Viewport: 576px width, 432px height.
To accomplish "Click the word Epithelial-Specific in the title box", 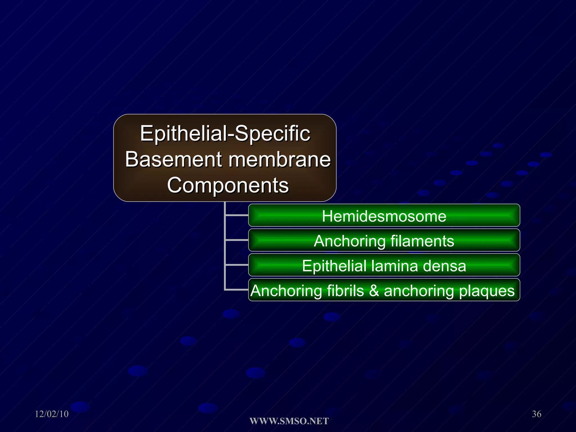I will [x=225, y=134].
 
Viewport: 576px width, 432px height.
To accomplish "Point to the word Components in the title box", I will [x=228, y=185].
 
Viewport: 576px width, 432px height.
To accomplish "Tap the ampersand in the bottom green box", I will [x=374, y=291].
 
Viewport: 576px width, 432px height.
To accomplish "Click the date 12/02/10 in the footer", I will [x=52, y=414].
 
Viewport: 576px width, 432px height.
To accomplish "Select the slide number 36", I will [x=536, y=414].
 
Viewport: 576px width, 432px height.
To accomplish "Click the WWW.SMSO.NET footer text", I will [x=289, y=421].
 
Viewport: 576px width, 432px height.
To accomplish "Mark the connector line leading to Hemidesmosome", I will [x=237, y=215].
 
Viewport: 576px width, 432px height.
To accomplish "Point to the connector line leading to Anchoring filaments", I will [x=237, y=240].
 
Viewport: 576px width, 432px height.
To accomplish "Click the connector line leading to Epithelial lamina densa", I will [x=237, y=265].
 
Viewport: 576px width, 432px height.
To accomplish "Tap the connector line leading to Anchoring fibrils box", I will [x=237, y=289].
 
